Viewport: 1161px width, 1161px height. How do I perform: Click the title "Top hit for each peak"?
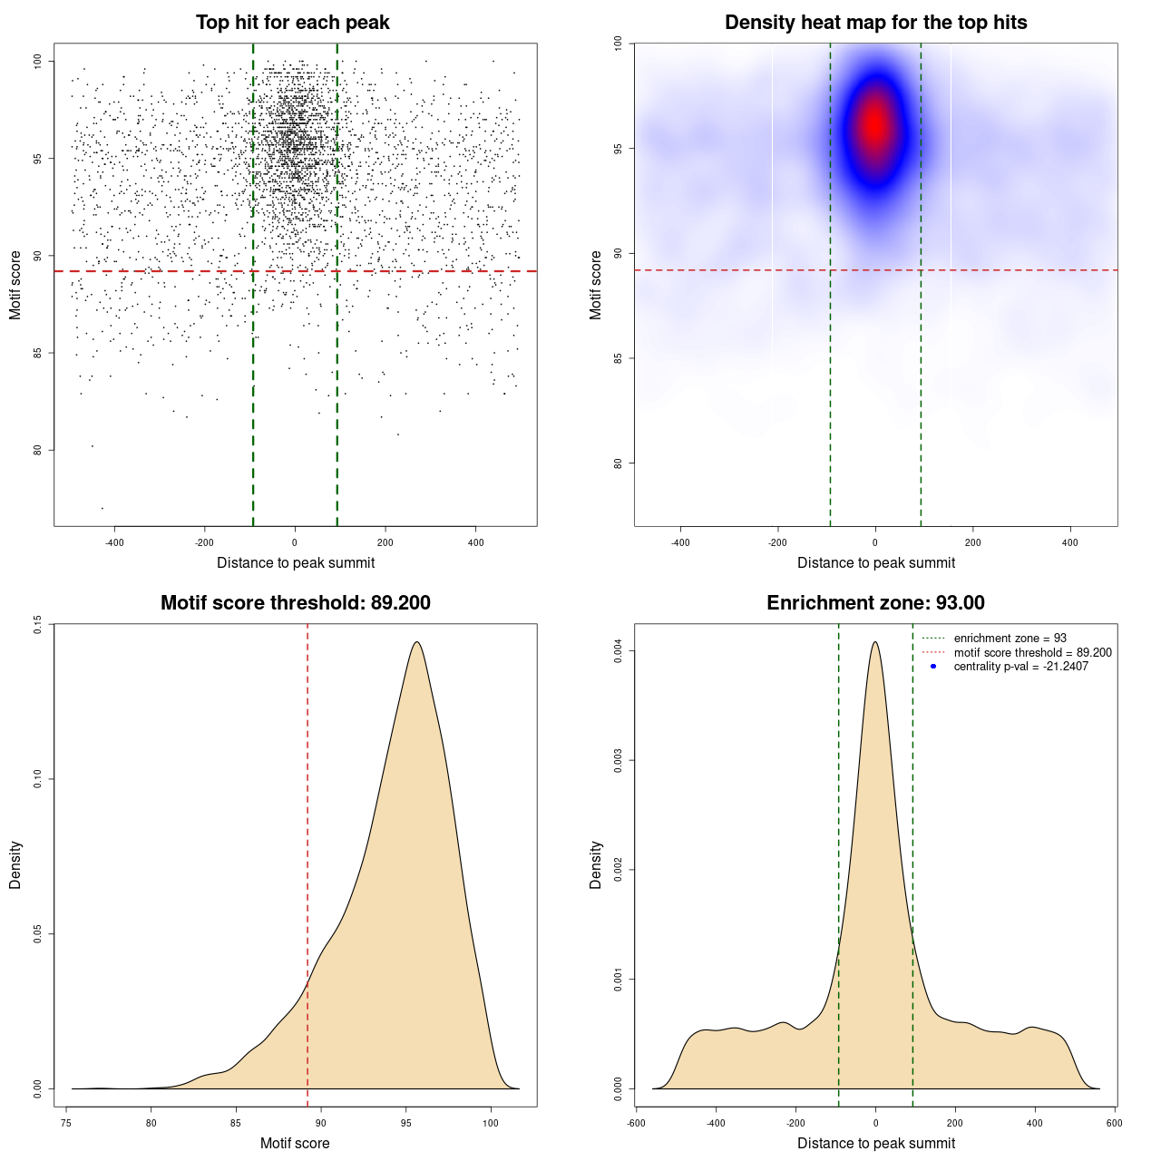point(293,23)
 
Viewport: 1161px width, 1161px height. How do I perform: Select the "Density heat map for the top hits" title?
point(875,23)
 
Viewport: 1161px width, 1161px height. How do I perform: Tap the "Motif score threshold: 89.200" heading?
point(295,603)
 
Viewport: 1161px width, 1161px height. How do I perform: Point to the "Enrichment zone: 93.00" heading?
point(875,603)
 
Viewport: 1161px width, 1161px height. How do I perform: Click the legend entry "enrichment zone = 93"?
point(1010,639)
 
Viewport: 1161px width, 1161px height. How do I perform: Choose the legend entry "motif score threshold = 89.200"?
point(1032,653)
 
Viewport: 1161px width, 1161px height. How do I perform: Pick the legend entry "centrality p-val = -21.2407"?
point(1020,667)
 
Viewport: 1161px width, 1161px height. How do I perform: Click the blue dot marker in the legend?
point(933,667)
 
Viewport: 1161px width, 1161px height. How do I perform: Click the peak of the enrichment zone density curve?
point(875,642)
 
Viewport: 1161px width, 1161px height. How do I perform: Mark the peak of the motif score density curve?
point(416,642)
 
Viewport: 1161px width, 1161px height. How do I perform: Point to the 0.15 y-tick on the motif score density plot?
point(37,624)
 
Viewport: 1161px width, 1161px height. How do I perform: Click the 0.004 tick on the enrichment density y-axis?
point(618,650)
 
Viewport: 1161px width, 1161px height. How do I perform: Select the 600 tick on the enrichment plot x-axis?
point(1115,1123)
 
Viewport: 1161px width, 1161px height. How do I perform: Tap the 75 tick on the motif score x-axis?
point(66,1123)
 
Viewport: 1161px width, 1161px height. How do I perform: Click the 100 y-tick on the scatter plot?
point(37,61)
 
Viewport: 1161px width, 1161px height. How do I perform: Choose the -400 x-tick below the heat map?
point(680,542)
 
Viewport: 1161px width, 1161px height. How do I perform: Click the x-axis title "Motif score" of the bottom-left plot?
point(295,1143)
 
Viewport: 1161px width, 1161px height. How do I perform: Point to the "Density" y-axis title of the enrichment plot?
point(596,864)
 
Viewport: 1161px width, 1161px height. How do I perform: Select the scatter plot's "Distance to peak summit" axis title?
point(296,562)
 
